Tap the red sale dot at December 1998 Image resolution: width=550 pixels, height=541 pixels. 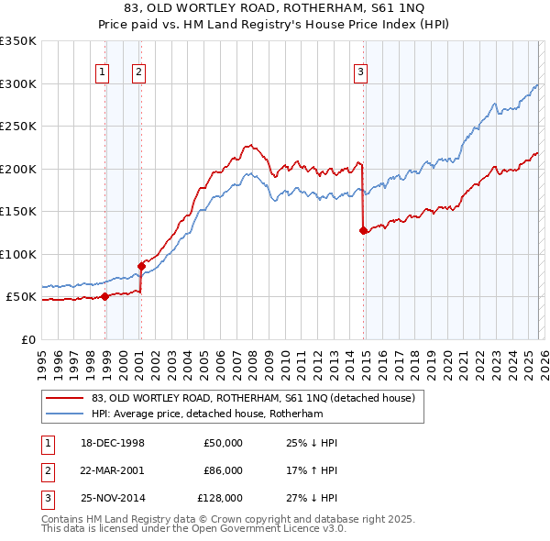105,296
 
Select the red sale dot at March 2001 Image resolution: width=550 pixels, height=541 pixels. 141,266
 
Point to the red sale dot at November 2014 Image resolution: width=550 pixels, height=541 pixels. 364,230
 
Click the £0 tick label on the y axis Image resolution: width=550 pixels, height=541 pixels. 27,339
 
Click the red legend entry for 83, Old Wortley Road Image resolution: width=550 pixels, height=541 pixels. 253,398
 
